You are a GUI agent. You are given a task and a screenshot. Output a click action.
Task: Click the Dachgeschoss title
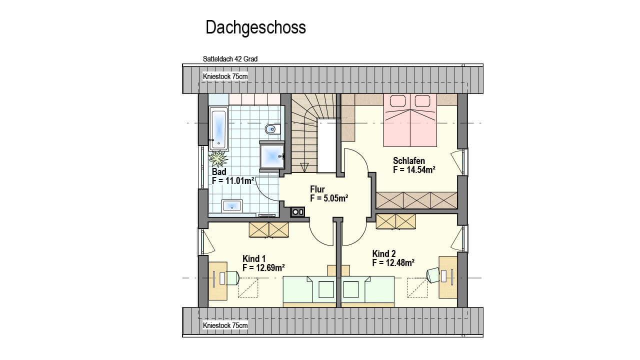point(255,28)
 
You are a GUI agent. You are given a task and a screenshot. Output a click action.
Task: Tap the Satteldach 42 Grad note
point(230,59)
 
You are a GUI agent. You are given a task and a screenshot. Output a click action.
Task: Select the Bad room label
point(219,171)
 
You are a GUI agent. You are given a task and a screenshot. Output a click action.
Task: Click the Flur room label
point(317,189)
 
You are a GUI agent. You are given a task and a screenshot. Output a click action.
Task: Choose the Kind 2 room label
point(384,253)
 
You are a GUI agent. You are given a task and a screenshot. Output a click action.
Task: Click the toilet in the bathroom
point(273,129)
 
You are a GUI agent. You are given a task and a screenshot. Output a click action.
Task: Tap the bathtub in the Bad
point(218,128)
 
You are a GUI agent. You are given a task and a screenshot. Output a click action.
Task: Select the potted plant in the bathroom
point(218,159)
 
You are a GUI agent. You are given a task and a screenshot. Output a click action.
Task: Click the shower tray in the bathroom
point(271,156)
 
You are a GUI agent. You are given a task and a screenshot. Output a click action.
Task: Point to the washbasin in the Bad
point(232,205)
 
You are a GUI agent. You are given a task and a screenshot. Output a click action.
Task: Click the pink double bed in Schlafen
point(410,120)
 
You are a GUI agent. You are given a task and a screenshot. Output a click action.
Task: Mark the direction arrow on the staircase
point(304,167)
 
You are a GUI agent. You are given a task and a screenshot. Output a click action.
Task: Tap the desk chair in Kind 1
point(232,277)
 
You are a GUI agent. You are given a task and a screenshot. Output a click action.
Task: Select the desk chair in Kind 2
point(433,275)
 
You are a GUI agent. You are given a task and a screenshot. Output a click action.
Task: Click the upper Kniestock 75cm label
point(225,76)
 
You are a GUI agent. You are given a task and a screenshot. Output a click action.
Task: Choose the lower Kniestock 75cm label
point(225,325)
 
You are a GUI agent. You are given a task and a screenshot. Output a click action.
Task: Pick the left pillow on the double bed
point(397,101)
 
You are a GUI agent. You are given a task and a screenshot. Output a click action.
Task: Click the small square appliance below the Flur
point(297,212)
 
